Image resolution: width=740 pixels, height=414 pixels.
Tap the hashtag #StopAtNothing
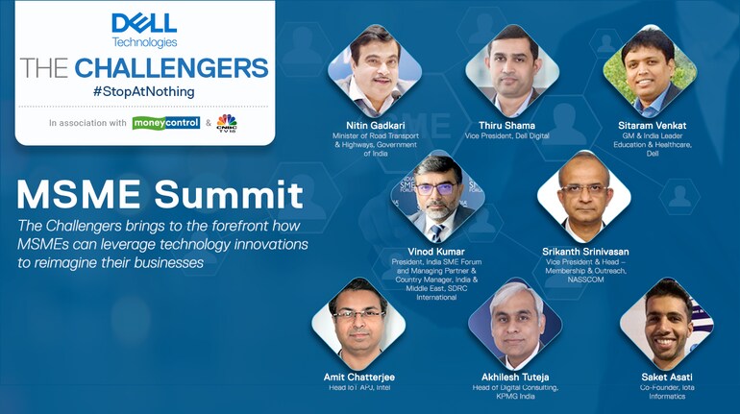144,91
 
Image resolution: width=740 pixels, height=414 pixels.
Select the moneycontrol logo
166,123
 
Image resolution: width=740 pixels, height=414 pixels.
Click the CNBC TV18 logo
226,123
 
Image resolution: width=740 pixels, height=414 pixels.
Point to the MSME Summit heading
160,196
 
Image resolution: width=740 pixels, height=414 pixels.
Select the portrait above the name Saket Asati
667,324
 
